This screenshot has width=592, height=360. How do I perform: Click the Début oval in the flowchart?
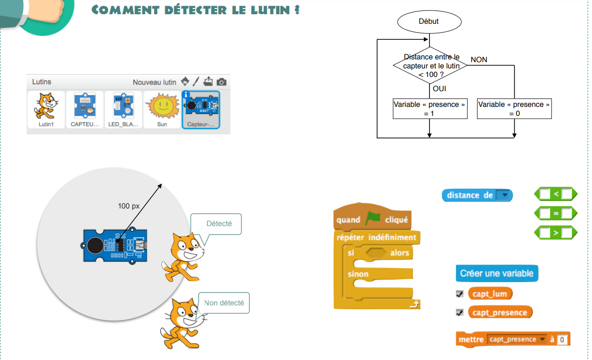point(429,21)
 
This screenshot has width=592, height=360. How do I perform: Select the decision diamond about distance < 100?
point(430,66)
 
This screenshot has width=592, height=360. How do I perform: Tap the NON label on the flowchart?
point(479,60)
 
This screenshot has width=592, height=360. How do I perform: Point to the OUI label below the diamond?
point(439,89)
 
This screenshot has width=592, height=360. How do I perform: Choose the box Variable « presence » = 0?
point(514,109)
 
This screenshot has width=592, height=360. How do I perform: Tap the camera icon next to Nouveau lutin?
point(221,82)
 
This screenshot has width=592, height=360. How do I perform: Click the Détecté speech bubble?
point(219,224)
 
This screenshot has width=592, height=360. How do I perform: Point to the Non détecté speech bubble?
point(224,303)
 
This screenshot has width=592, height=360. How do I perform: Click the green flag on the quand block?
point(373,219)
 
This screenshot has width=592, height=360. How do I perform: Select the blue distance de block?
point(477,195)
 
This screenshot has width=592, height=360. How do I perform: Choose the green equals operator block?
point(555,213)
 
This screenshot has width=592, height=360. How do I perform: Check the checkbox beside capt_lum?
point(459,294)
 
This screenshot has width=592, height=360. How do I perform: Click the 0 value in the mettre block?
point(563,340)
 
